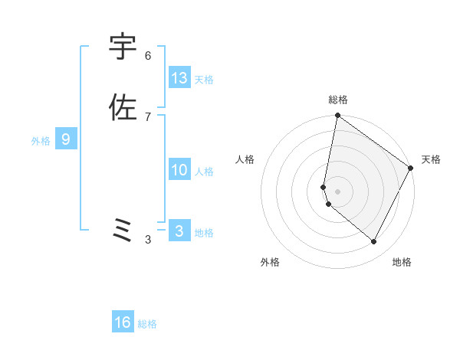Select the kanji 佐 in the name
[x=123, y=107]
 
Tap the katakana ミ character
[x=123, y=230]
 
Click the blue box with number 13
[x=179, y=77]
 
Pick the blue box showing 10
[x=179, y=170]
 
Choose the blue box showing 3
[x=179, y=231]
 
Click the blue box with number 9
[x=66, y=139]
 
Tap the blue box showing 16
[x=123, y=322]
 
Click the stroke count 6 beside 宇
[x=148, y=55]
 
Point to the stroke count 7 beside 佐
[x=148, y=116]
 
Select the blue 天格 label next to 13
[x=204, y=79]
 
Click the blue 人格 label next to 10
[x=204, y=172]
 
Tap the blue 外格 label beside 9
[x=41, y=141]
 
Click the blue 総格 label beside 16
[x=147, y=324]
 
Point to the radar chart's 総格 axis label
[x=338, y=100]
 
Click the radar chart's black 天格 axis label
[x=431, y=159]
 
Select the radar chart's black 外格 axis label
[x=270, y=262]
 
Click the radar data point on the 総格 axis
[x=337, y=116]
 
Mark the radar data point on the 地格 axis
[x=374, y=241]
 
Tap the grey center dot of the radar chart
[x=338, y=191]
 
